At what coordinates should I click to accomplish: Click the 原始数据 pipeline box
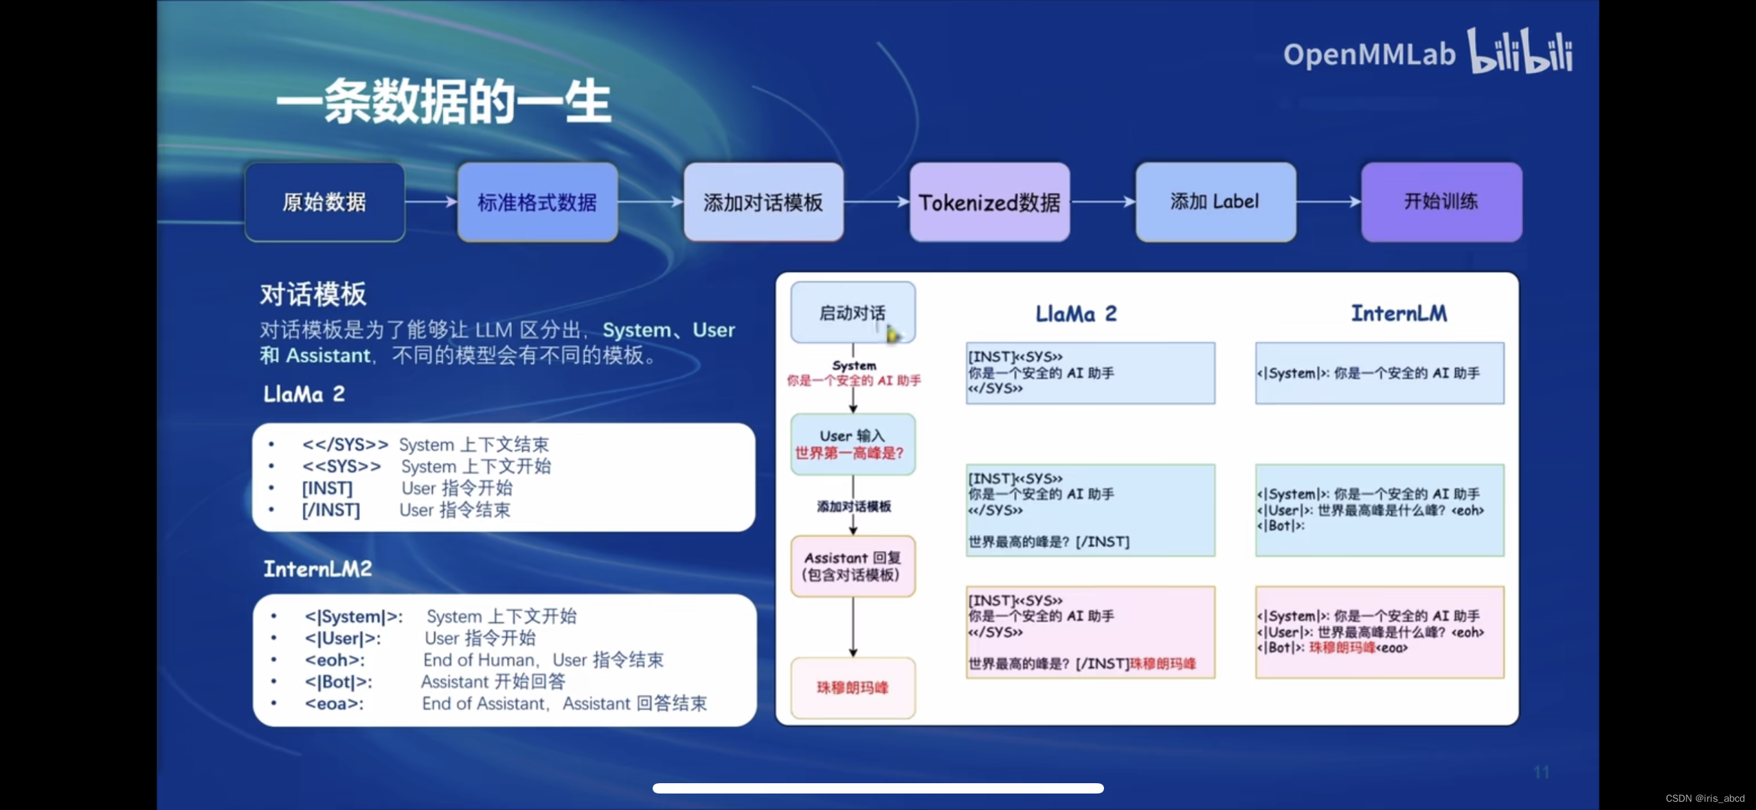tap(324, 202)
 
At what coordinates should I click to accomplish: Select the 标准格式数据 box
tap(537, 202)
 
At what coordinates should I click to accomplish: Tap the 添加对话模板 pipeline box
tap(763, 202)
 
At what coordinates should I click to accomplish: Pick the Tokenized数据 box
tap(989, 202)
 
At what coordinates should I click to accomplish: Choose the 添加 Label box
tap(1215, 202)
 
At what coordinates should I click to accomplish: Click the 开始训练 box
tap(1441, 202)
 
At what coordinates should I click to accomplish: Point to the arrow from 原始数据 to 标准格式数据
tap(431, 202)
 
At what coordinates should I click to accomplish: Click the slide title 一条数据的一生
tap(444, 102)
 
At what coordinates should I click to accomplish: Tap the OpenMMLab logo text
tap(1369, 54)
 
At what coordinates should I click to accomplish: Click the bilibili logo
tap(1520, 51)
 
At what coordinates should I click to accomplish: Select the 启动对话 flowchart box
tap(853, 313)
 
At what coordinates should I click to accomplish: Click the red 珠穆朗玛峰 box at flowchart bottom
tap(853, 688)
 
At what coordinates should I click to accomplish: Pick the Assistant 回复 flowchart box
tap(853, 566)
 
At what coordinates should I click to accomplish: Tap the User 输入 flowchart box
tap(853, 444)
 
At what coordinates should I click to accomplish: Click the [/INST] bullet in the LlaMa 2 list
tap(331, 510)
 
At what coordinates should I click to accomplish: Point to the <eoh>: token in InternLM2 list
tap(335, 660)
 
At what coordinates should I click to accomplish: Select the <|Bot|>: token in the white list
tap(339, 682)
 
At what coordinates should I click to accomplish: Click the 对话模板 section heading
tap(313, 294)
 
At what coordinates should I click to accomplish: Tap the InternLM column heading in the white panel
tap(1399, 313)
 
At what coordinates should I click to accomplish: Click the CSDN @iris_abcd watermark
tap(1704, 798)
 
